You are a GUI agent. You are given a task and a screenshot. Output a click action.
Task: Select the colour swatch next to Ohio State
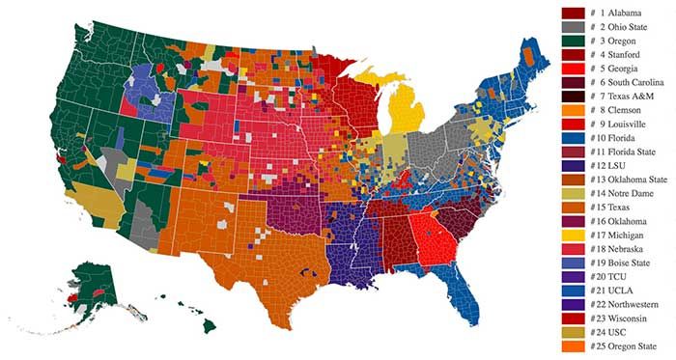point(575,27)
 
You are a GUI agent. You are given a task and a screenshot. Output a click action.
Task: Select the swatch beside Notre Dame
point(575,194)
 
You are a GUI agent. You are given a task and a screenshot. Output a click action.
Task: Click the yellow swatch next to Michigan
point(575,235)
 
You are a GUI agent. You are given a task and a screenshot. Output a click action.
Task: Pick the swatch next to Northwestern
point(575,305)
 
